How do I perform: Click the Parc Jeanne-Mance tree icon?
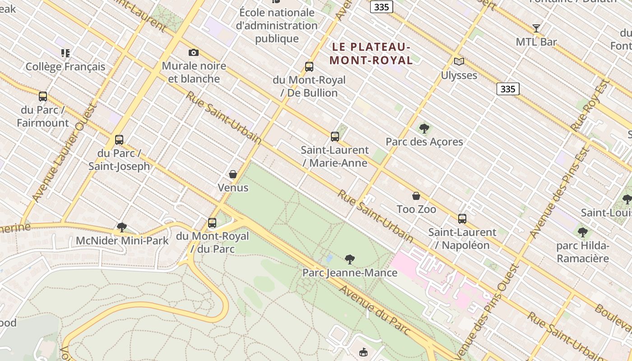click(349, 259)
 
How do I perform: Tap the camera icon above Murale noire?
click(194, 53)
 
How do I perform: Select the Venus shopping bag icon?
click(233, 174)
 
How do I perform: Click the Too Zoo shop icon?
click(416, 196)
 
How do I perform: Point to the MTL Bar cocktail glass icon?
click(536, 28)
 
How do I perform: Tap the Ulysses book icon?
click(459, 61)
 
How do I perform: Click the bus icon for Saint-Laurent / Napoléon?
click(462, 219)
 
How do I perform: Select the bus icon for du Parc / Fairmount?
click(43, 96)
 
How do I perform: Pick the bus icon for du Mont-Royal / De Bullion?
click(309, 67)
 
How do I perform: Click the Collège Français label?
click(65, 67)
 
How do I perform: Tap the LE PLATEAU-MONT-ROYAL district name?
click(371, 53)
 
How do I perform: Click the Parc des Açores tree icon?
click(424, 129)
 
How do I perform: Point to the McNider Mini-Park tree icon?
click(121, 227)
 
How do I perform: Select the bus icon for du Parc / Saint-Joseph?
click(119, 139)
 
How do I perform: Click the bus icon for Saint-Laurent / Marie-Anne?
click(335, 136)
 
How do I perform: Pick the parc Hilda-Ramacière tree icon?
click(583, 232)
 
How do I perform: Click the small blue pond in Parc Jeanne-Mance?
click(329, 259)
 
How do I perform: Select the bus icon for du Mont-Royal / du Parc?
click(212, 222)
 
